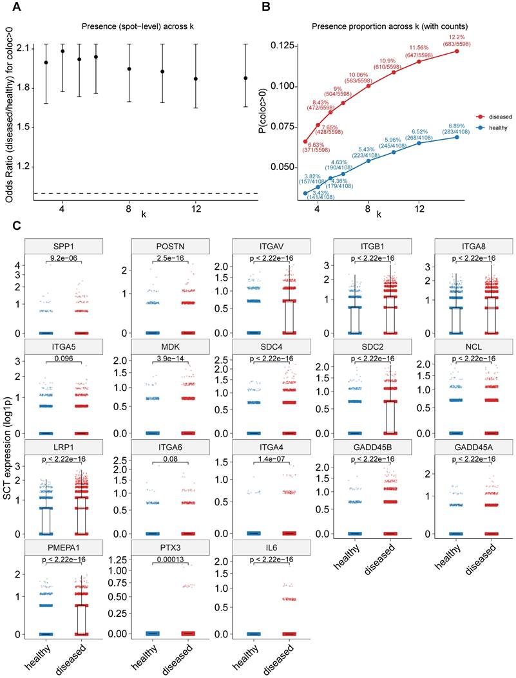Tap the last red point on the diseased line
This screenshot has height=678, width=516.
[x=456, y=51]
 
